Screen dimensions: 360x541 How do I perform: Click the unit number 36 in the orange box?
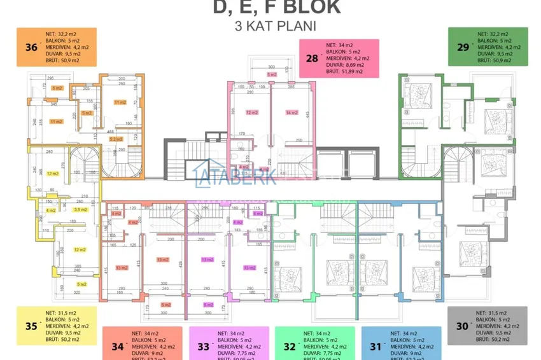29,46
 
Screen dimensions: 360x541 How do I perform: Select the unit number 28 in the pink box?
312,59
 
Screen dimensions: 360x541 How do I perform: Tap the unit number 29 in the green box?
462,46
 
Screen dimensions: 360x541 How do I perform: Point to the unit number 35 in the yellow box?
30,326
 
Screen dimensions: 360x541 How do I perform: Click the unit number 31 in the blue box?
375,347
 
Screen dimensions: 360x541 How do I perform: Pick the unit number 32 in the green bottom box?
289,347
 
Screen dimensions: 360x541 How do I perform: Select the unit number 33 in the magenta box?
203,347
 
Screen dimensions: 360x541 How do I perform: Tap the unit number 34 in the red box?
117,347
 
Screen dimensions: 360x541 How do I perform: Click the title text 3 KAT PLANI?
276,27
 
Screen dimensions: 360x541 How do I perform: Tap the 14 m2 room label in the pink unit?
292,113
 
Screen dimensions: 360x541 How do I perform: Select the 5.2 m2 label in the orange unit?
116,139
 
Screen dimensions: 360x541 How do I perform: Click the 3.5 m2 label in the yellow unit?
80,209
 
